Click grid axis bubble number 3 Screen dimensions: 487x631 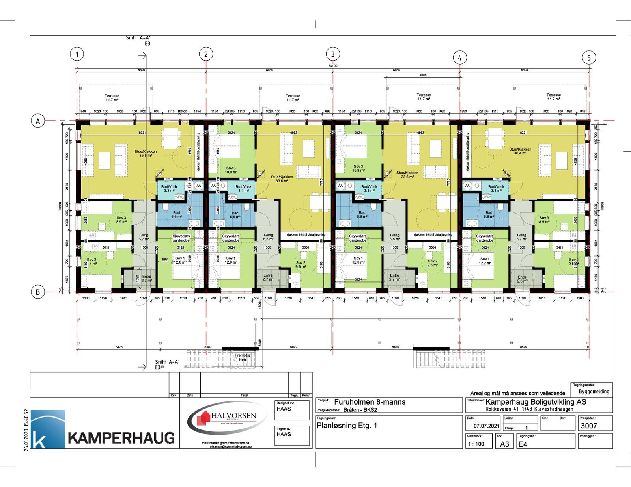coord(333,54)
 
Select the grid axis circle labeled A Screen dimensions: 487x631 coord(38,121)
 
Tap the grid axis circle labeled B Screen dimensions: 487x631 coord(38,292)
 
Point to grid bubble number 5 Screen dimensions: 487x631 coord(589,58)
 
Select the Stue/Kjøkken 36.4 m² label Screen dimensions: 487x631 coord(520,151)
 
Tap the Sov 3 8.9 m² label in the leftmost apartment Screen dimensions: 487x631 coord(121,220)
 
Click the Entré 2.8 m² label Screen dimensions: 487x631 coord(522,279)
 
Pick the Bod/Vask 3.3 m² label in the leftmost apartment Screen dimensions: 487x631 coord(169,189)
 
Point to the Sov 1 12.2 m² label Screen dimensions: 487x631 coord(485,260)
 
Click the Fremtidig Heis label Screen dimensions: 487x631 coord(243,357)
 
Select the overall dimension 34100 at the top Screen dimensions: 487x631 coord(333,66)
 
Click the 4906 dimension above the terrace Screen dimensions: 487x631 coord(423,75)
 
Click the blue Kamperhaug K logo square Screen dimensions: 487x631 coord(48,429)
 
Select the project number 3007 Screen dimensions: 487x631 coord(589,426)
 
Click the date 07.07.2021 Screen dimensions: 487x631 coord(486,426)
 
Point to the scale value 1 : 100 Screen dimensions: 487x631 coord(476,444)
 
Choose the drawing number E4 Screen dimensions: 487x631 coord(523,444)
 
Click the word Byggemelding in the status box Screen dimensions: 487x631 coord(594,392)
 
